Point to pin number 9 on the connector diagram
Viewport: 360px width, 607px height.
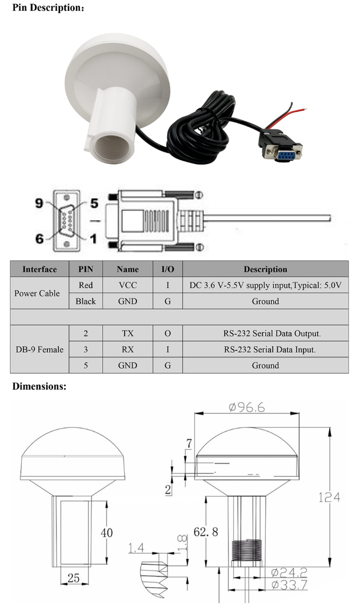(39, 203)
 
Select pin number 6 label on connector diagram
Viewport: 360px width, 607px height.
(39, 238)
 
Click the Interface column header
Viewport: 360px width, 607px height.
(39, 269)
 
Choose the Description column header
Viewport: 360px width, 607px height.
(265, 269)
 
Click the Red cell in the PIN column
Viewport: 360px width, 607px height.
(86, 285)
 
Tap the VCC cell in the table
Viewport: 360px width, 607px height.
(127, 285)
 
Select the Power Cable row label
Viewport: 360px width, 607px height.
(37, 293)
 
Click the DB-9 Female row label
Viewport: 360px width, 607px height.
(39, 349)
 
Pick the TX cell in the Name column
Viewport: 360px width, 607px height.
(127, 333)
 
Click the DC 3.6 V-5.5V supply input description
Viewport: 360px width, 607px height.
(265, 285)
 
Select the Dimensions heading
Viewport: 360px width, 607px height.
(39, 387)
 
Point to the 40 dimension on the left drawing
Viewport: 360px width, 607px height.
(106, 533)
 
